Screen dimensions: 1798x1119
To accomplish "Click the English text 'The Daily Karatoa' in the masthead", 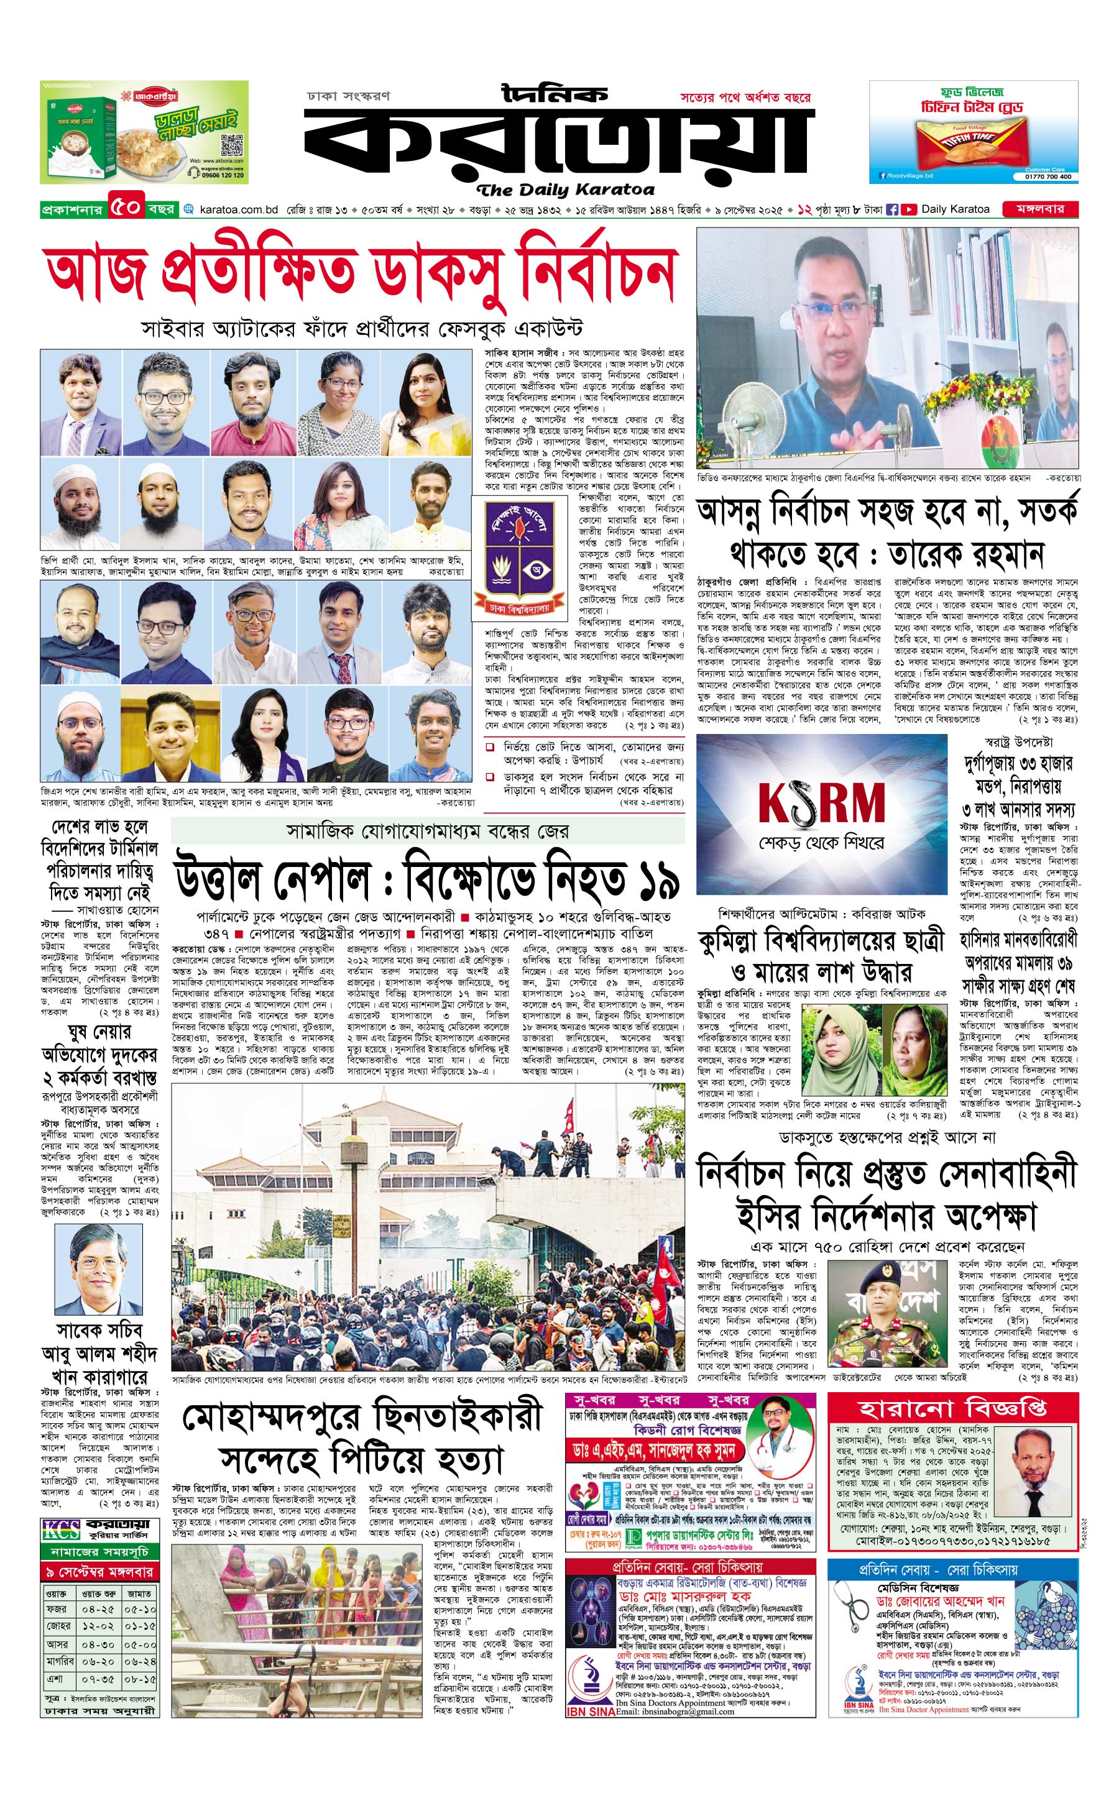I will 566,190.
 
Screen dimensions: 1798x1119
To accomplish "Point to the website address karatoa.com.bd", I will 238,209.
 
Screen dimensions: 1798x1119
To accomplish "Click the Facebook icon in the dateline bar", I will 893,209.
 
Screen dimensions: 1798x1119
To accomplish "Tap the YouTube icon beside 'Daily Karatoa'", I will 908,209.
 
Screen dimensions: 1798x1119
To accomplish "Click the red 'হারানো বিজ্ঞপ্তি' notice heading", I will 952,1409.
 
